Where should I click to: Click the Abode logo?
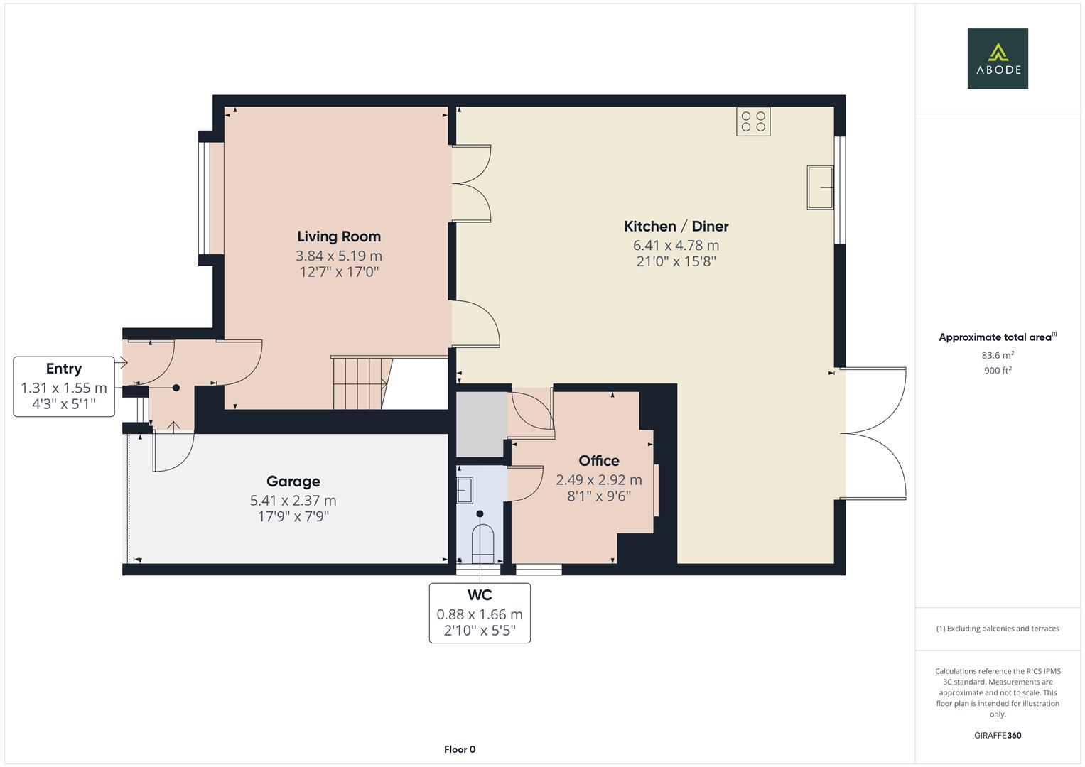(x=998, y=58)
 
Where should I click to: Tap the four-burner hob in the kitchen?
(x=753, y=121)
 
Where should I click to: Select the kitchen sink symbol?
(x=820, y=187)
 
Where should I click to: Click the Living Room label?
(x=339, y=236)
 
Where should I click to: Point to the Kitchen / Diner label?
(x=676, y=226)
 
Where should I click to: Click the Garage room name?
(x=293, y=482)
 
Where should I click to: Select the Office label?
(x=599, y=460)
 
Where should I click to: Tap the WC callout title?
(x=480, y=594)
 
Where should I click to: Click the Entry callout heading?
(x=64, y=369)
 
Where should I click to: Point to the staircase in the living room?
(x=362, y=383)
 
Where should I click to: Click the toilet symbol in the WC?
(x=482, y=544)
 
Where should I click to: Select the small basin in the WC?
(x=465, y=491)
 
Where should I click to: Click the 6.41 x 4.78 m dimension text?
(x=676, y=246)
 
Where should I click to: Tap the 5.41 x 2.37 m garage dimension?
(x=293, y=500)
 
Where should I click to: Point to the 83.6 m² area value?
(x=998, y=355)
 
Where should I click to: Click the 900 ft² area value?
(x=998, y=371)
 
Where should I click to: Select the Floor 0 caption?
(x=460, y=749)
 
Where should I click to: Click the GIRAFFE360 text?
(x=998, y=735)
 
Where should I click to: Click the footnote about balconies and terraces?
(x=998, y=629)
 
